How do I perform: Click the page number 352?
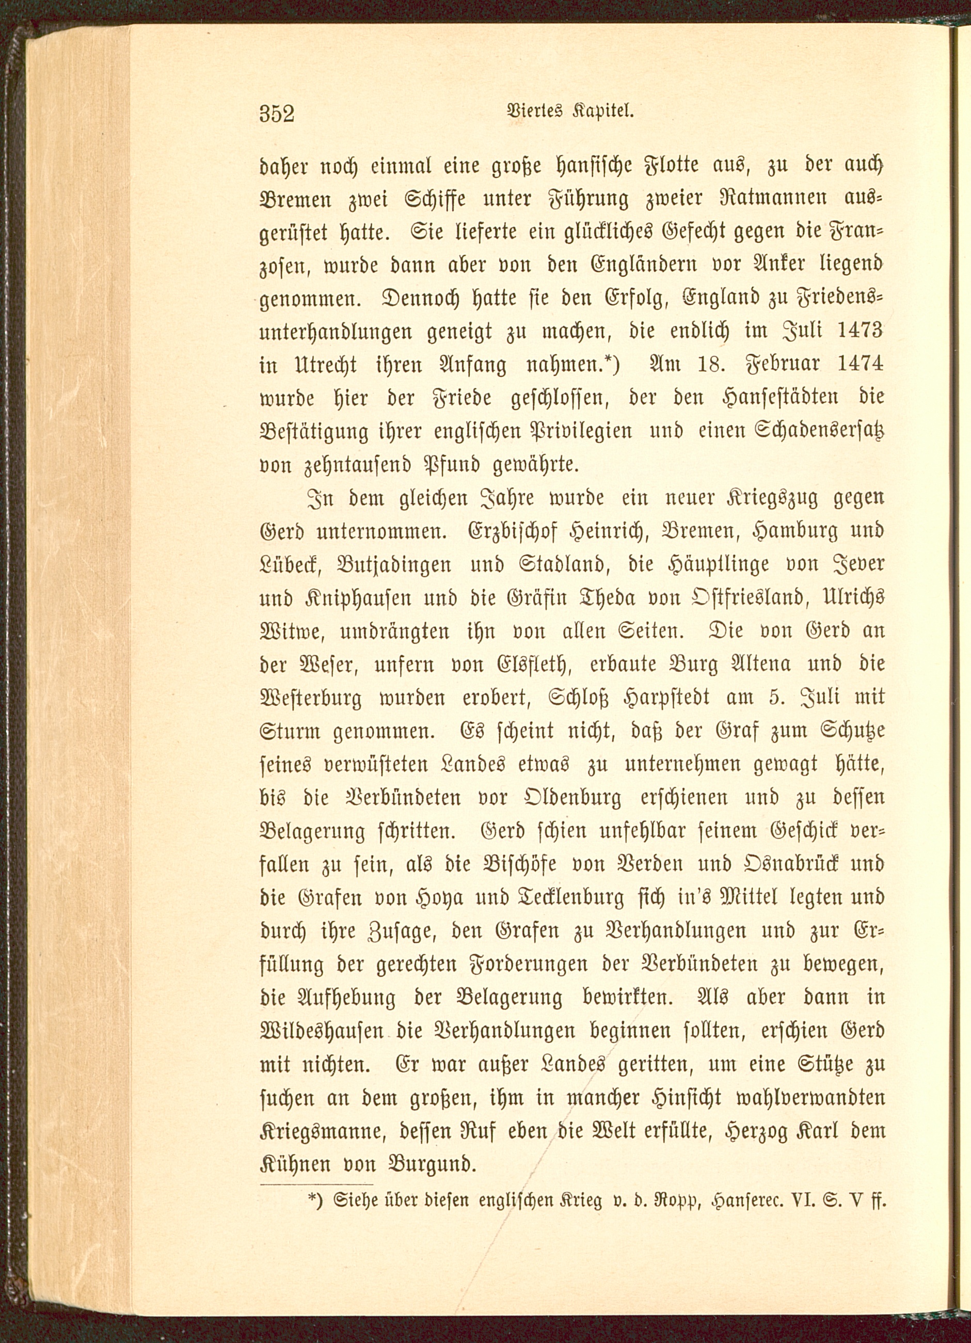coord(277,113)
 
